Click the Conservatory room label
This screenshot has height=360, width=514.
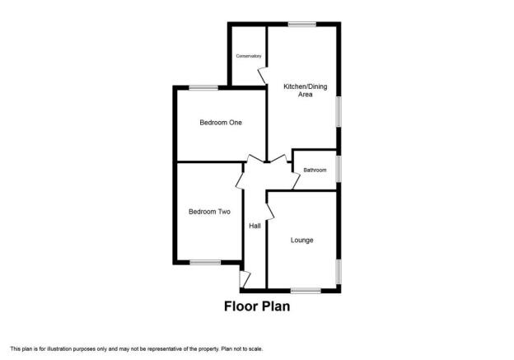pyautogui.click(x=249, y=56)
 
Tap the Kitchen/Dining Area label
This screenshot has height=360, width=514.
pyautogui.click(x=305, y=91)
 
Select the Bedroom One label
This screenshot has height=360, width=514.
pyautogui.click(x=221, y=123)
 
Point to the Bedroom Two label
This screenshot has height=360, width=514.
pyautogui.click(x=209, y=212)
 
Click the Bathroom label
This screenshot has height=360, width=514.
pyautogui.click(x=315, y=171)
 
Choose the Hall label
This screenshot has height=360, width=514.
pyautogui.click(x=255, y=226)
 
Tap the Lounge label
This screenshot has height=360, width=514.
pyautogui.click(x=302, y=241)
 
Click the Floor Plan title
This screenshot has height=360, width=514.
pyautogui.click(x=257, y=306)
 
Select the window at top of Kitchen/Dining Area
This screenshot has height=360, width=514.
pyautogui.click(x=302, y=24)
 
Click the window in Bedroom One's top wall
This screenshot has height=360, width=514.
pyautogui.click(x=203, y=87)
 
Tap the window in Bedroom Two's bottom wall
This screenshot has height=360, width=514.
pyautogui.click(x=205, y=262)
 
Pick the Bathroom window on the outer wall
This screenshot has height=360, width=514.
pyautogui.click(x=339, y=169)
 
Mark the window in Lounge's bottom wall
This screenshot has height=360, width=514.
pyautogui.click(x=306, y=291)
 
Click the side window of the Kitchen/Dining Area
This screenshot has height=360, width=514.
pyautogui.click(x=339, y=111)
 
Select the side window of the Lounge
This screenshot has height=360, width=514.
pyautogui.click(x=339, y=272)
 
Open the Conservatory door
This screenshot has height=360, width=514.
pyautogui.click(x=262, y=76)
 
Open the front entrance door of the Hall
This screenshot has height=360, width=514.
pyautogui.click(x=245, y=279)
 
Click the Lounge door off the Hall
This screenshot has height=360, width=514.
pyautogui.click(x=270, y=212)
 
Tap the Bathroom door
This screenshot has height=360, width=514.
pyautogui.click(x=296, y=180)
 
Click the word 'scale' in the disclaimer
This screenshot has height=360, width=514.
pyautogui.click(x=255, y=348)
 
